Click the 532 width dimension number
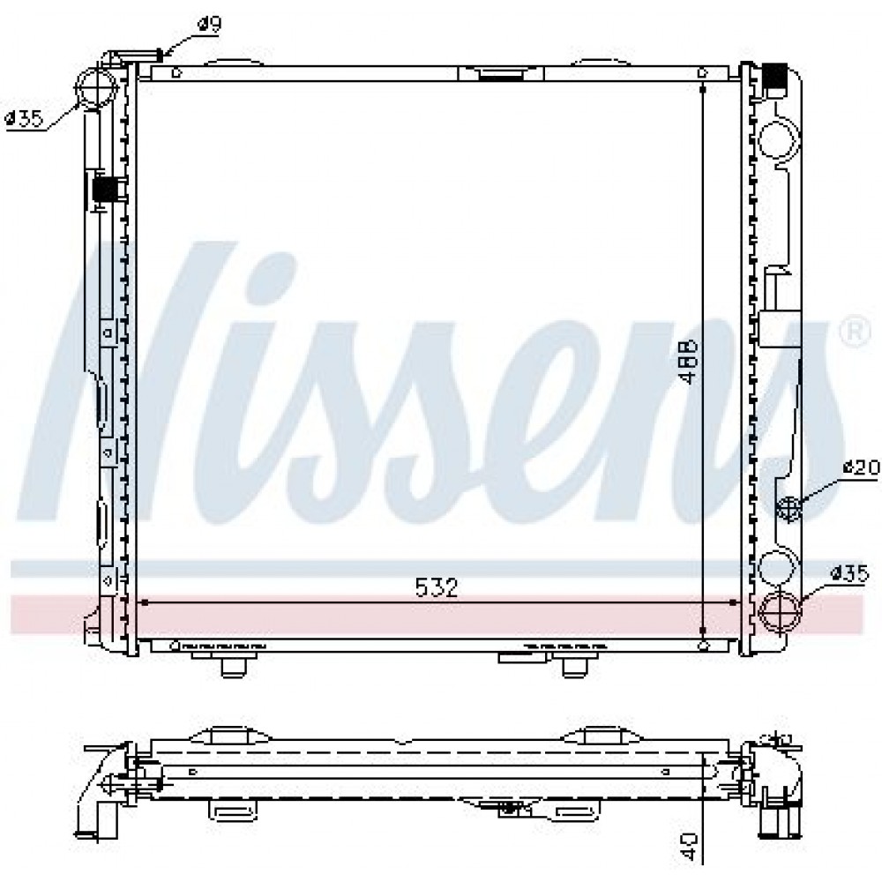pyautogui.click(x=437, y=587)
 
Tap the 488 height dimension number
pyautogui.click(x=689, y=362)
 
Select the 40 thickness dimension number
pyautogui.click(x=689, y=847)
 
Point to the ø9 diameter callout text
pyautogui.click(x=209, y=24)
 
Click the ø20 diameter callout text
pyautogui.click(x=861, y=467)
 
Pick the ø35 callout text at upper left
pyautogui.click(x=24, y=119)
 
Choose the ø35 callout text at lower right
pyautogui.click(x=850, y=574)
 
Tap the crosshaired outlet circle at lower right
pyautogui.click(x=781, y=612)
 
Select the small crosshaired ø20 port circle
pyautogui.click(x=789, y=507)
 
